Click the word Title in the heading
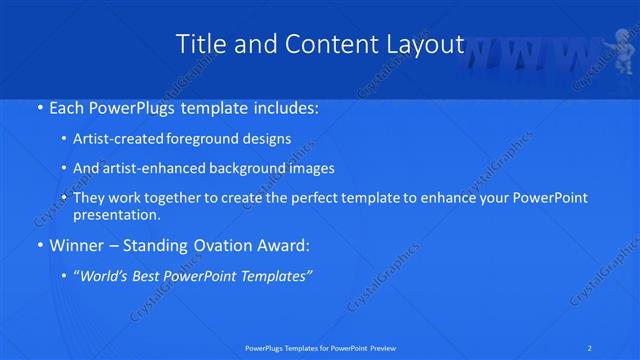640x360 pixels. click(x=202, y=44)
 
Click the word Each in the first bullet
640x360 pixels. click(x=64, y=105)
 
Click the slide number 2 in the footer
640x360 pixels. click(x=592, y=347)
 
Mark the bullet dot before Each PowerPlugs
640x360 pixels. click(x=37, y=106)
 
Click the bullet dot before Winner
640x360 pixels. click(x=37, y=245)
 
